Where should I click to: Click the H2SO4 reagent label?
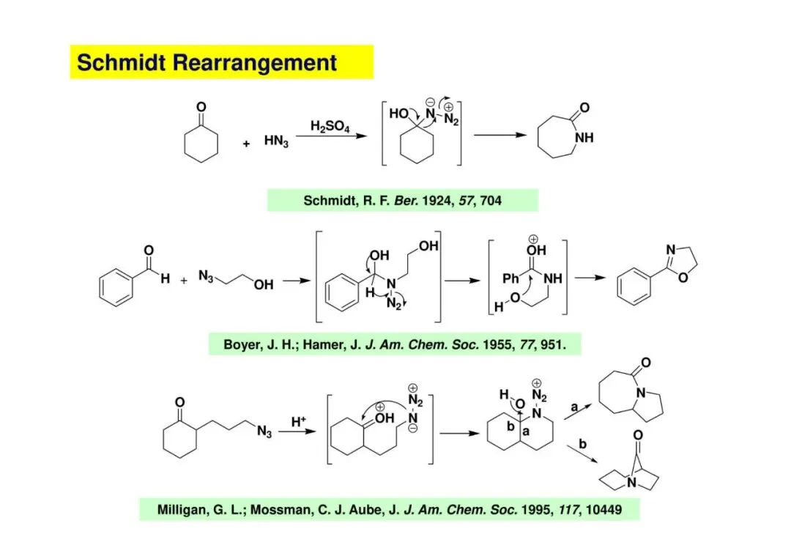click(330, 127)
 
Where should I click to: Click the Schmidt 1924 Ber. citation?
click(402, 200)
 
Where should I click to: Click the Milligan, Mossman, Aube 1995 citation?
click(389, 509)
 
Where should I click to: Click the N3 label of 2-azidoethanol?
click(207, 275)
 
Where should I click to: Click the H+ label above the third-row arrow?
click(299, 421)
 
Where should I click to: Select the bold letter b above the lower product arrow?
click(582, 444)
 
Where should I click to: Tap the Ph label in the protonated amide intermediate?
click(511, 278)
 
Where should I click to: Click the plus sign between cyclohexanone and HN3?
click(247, 144)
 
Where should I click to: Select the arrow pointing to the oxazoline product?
click(589, 279)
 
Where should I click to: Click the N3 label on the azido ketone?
click(264, 432)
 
